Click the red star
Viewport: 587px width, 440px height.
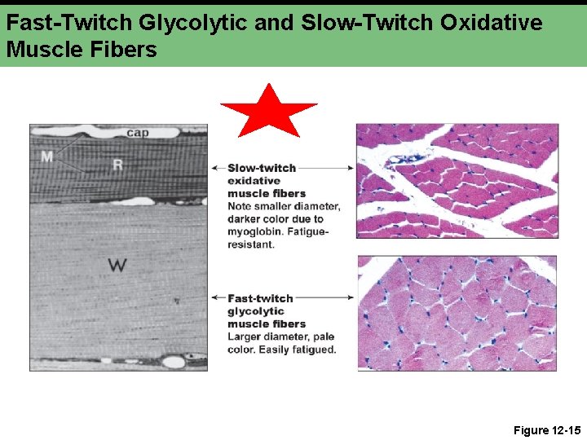pyautogui.click(x=268, y=111)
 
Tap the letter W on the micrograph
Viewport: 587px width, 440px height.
pyautogui.click(x=117, y=266)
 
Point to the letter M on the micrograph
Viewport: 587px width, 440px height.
pyautogui.click(x=47, y=156)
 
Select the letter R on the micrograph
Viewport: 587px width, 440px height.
pyautogui.click(x=117, y=165)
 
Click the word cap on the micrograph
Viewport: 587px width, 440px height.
pyautogui.click(x=137, y=133)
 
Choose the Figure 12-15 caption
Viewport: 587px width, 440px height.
pyautogui.click(x=546, y=429)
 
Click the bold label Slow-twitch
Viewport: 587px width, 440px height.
pyautogui.click(x=262, y=168)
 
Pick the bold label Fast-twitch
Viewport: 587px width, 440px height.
pyautogui.click(x=260, y=298)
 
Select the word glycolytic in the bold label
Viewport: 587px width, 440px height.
pyautogui.click(x=255, y=311)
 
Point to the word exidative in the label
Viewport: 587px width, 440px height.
pyautogui.click(x=254, y=181)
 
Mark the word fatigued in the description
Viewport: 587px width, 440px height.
pyautogui.click(x=311, y=350)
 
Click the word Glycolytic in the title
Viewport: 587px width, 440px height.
pyautogui.click(x=180, y=23)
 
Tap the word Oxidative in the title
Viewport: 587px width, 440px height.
pyautogui.click(x=492, y=23)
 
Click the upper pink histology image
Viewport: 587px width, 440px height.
pyautogui.click(x=457, y=180)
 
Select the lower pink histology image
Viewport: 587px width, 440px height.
pyautogui.click(x=457, y=313)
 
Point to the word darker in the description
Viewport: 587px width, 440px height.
pyautogui.click(x=247, y=218)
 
